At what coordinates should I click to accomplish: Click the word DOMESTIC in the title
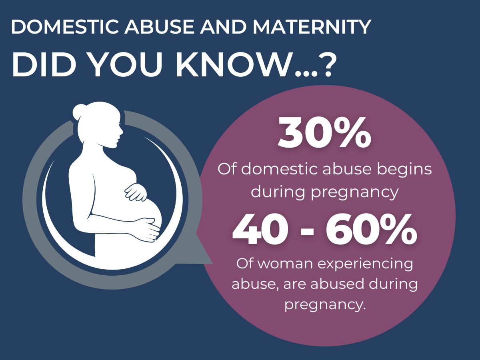point(65,27)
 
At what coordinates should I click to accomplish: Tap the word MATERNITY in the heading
point(312,27)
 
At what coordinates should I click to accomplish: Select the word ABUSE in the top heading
point(160,27)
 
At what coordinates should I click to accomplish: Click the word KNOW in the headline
point(235,65)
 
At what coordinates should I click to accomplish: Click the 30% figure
point(324,133)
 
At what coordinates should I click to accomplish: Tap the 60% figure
point(371,229)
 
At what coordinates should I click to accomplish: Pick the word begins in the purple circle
point(404,170)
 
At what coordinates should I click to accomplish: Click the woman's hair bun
point(79,112)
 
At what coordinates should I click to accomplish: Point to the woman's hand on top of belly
point(136,192)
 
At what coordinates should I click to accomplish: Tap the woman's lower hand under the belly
point(147,230)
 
